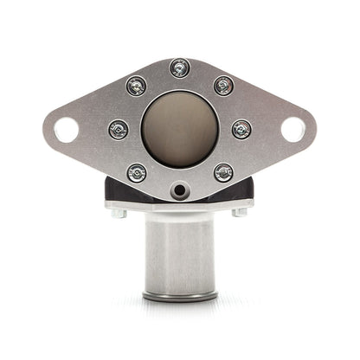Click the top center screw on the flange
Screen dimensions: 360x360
[x=180, y=67]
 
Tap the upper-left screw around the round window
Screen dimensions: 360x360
[x=136, y=85]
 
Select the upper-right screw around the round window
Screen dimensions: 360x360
[x=223, y=85]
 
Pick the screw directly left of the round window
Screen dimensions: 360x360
[x=118, y=130]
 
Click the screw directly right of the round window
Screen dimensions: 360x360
[x=241, y=130]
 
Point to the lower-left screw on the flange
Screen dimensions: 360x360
[x=136, y=173]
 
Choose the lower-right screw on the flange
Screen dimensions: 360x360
[x=223, y=173]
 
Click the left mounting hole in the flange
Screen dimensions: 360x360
[x=66, y=130]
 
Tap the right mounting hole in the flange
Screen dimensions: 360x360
[x=293, y=130]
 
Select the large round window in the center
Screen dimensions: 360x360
[x=179, y=128]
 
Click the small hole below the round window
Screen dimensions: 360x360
[x=179, y=190]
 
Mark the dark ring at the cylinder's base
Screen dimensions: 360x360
[x=180, y=297]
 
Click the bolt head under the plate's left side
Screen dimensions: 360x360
[x=120, y=213]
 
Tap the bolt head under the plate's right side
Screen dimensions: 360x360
[x=240, y=213]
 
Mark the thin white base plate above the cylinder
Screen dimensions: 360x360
[x=180, y=207]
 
